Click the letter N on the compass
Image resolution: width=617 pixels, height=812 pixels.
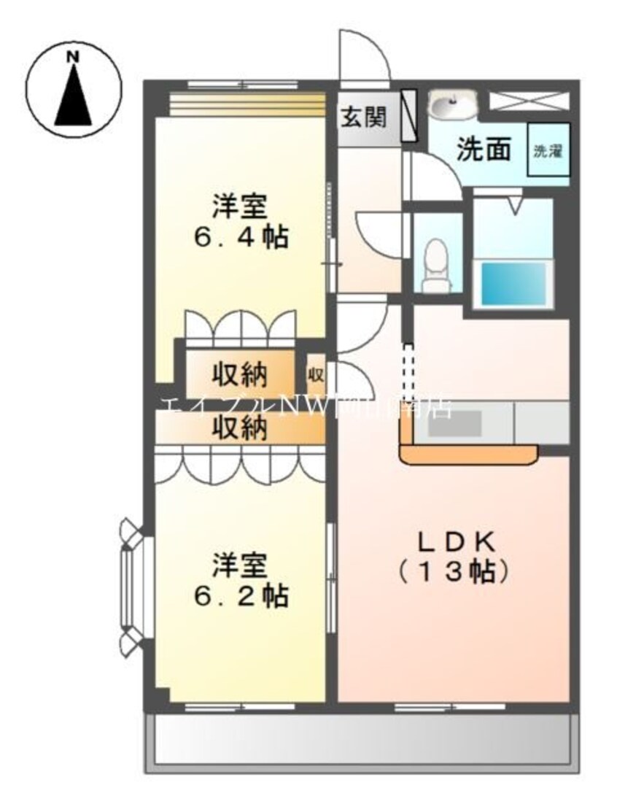pos(73,56)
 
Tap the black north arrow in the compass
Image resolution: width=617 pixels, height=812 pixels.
pos(73,95)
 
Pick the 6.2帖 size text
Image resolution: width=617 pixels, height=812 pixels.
pos(240,596)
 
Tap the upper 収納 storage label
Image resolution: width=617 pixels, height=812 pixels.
pos(239,375)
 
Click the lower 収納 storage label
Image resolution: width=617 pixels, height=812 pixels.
pos(239,428)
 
